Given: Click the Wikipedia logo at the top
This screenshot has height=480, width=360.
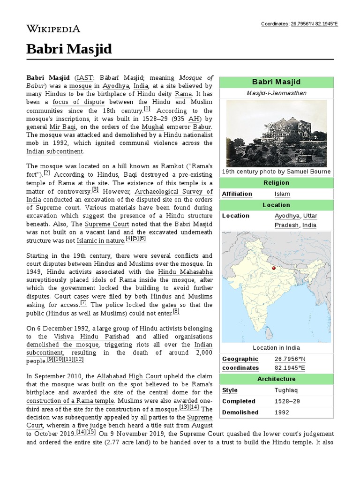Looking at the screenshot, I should [x=53, y=29].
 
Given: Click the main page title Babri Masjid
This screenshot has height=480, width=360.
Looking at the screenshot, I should [x=69, y=49].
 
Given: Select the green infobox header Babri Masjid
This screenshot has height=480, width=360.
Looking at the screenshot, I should [x=277, y=82].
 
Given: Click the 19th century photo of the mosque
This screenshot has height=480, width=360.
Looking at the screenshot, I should [x=277, y=133].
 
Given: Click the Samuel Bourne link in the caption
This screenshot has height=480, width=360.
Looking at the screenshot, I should [x=308, y=172].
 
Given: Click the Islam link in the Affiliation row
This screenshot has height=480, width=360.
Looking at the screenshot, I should [x=282, y=194].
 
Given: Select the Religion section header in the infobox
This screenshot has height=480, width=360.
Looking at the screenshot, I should [x=277, y=183].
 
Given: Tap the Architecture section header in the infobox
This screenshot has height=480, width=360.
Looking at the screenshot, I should [x=277, y=379].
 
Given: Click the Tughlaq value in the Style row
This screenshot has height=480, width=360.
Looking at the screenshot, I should [x=286, y=390].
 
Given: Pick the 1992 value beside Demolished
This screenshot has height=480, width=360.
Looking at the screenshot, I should [x=282, y=412].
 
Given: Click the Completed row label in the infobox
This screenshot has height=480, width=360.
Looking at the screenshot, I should [x=239, y=401].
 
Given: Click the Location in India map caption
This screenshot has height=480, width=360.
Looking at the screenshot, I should [x=277, y=348].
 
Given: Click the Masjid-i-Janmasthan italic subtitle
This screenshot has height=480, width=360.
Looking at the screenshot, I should [x=277, y=93].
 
